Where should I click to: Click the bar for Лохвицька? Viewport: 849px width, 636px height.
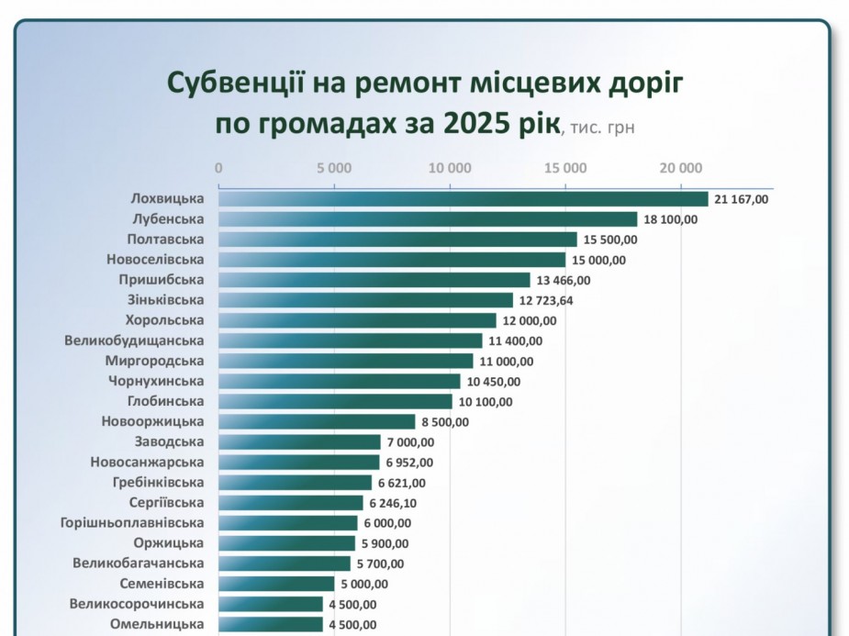point(464,199)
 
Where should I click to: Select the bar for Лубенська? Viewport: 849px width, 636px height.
point(428,219)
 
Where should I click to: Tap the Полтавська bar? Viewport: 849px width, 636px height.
point(397,240)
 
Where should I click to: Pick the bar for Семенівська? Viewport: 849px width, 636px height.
point(276,584)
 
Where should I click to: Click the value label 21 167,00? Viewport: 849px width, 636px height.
point(741,199)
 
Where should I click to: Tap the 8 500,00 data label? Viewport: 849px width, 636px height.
point(445,422)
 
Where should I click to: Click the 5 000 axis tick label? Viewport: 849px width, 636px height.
point(334,168)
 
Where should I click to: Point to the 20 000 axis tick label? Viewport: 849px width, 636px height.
point(681,168)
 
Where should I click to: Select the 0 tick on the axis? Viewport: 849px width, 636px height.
point(218,168)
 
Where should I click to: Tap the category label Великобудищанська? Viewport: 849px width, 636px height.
point(134,340)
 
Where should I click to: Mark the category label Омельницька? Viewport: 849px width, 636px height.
point(157,624)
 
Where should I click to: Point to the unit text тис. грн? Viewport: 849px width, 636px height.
point(600,128)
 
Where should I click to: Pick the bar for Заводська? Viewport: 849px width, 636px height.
point(299,442)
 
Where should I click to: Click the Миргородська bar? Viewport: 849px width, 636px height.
point(345,361)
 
